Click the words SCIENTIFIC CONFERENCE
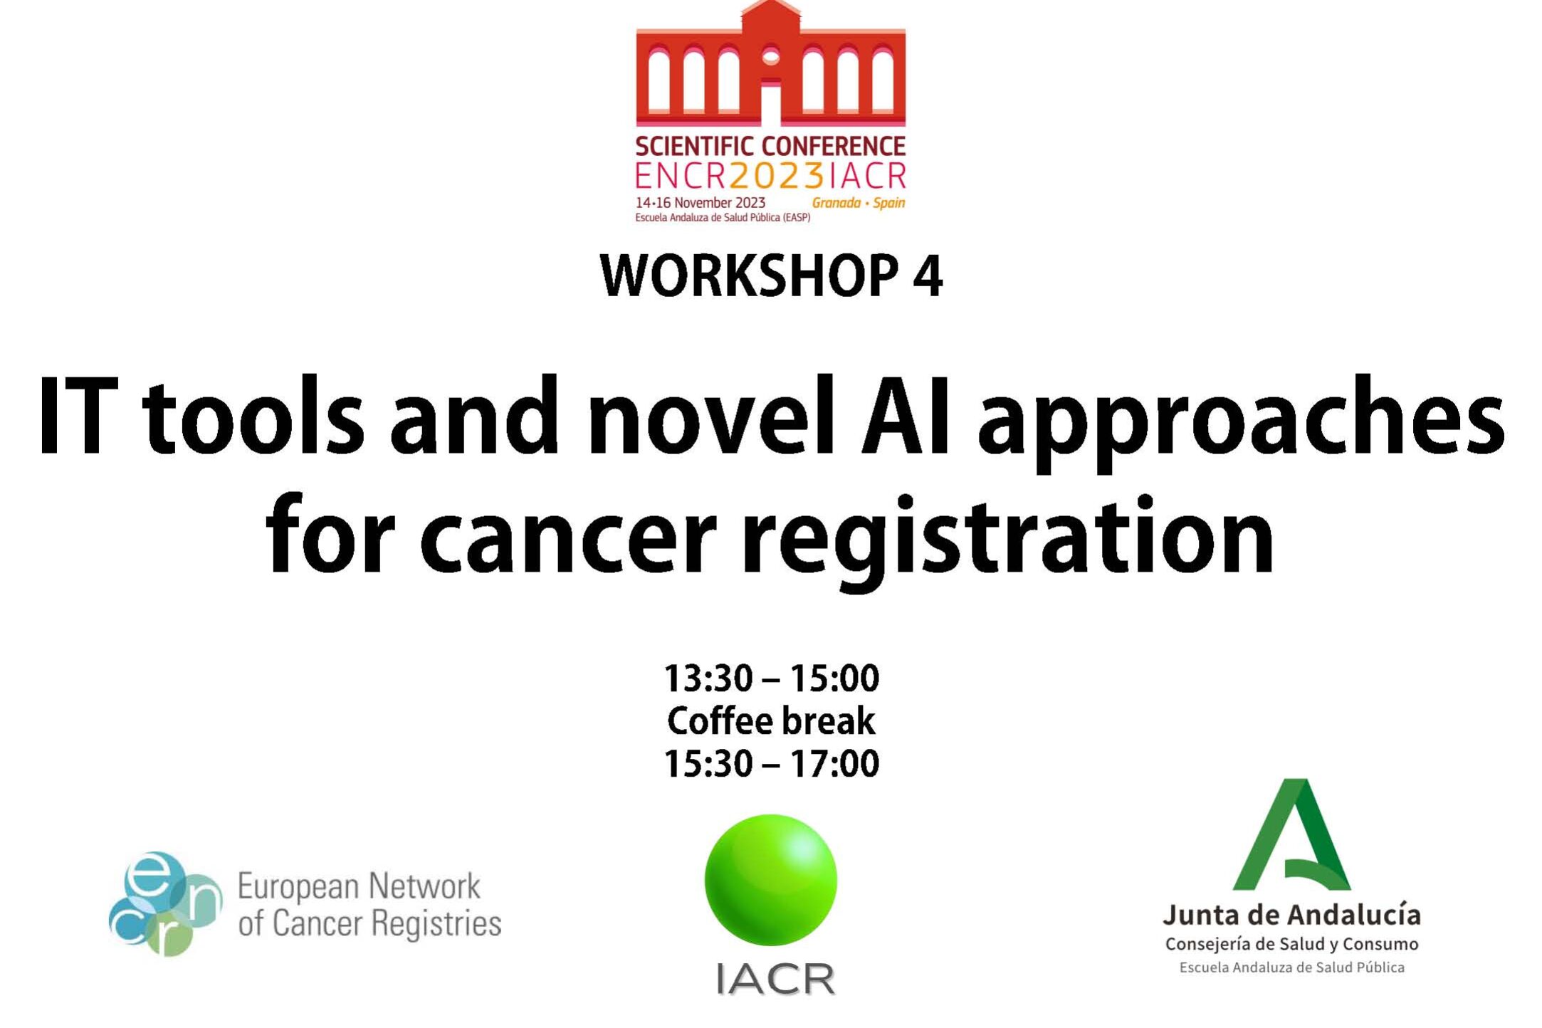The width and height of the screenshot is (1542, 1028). [x=770, y=147]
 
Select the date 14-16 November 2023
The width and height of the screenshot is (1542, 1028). [x=701, y=203]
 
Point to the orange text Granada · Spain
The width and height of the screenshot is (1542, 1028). [x=859, y=203]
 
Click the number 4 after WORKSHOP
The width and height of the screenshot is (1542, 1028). [x=928, y=276]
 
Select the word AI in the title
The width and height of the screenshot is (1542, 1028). [x=904, y=416]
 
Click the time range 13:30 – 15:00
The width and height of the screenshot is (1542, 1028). [x=771, y=678]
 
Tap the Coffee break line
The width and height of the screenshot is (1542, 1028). [x=771, y=720]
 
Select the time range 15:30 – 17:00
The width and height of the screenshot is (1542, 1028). [x=771, y=763]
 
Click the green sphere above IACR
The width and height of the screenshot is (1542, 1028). [x=771, y=880]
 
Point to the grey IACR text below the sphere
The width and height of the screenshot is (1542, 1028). [x=775, y=978]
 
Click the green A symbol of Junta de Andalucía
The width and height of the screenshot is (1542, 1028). [x=1292, y=834]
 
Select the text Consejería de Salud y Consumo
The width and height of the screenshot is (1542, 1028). [x=1291, y=945]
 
